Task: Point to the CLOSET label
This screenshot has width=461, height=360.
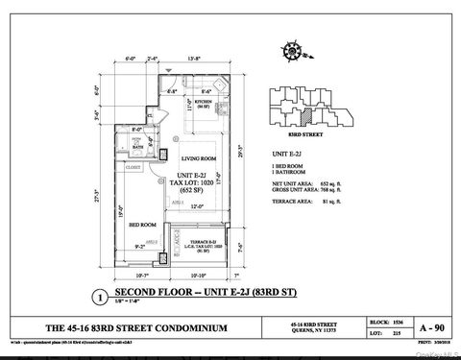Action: pos(133,167)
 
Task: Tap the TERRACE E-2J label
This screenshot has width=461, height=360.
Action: pos(201,244)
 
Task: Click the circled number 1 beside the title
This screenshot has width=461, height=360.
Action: pos(96,298)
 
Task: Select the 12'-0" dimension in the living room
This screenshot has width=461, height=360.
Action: pos(197,205)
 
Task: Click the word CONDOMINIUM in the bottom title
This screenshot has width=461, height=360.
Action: pos(194,329)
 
